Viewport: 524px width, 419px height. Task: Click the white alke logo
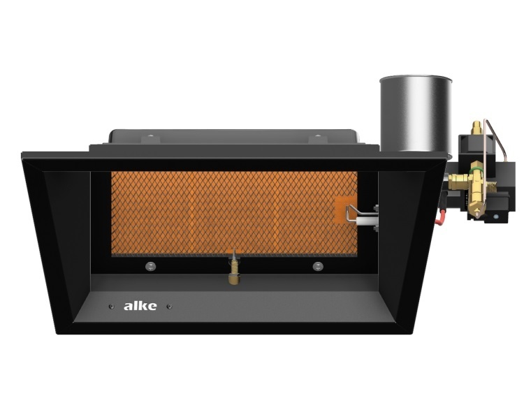point(140,306)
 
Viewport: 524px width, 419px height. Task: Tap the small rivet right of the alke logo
point(169,306)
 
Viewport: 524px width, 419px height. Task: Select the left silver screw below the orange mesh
point(150,266)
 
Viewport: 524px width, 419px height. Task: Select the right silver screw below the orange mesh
point(318,266)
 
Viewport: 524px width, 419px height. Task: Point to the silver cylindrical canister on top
point(415,114)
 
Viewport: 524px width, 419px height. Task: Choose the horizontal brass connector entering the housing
point(458,183)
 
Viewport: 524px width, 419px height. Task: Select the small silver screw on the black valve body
point(495,217)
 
